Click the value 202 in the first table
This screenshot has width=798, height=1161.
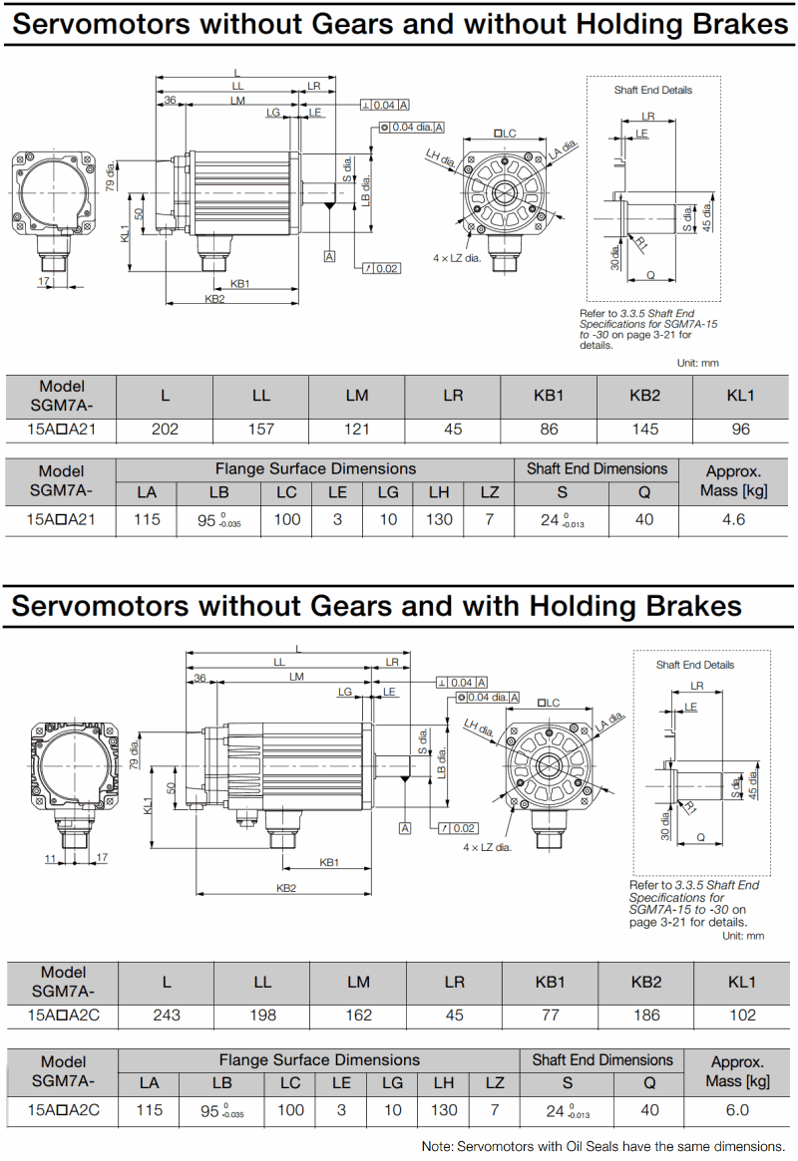click(x=165, y=430)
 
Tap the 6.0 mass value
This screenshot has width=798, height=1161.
click(x=738, y=1109)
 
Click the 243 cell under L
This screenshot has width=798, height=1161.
click(x=167, y=1016)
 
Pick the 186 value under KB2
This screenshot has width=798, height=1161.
click(x=645, y=1016)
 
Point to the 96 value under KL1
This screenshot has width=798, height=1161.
click(x=739, y=430)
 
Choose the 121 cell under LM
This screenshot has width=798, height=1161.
click(x=356, y=430)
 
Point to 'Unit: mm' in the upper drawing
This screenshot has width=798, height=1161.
click(x=697, y=364)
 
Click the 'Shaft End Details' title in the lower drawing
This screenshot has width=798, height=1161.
click(x=694, y=665)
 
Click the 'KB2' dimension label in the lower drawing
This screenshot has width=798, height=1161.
click(x=286, y=888)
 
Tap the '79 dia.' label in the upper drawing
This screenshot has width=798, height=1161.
click(x=110, y=175)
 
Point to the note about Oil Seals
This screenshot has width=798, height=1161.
click(x=603, y=1146)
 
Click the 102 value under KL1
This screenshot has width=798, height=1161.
click(x=741, y=1016)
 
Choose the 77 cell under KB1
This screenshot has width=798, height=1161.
click(x=550, y=1016)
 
